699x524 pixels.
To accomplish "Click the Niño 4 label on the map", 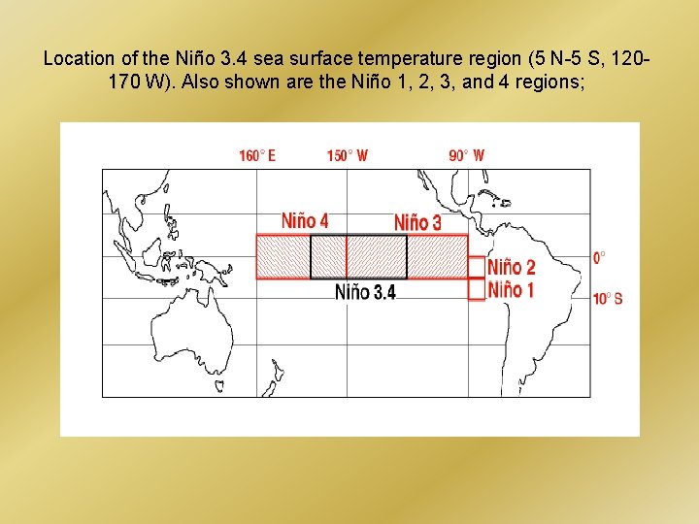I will (x=305, y=221).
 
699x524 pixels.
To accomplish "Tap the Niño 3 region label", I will (x=417, y=222).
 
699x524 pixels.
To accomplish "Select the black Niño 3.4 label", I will (x=365, y=291).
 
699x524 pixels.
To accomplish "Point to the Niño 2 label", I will (x=512, y=267).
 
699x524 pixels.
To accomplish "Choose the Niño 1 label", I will (x=511, y=288).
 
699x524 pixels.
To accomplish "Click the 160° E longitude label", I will (x=257, y=155).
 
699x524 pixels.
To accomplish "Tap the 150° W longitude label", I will (x=347, y=155).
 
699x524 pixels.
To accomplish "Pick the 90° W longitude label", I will (x=466, y=155).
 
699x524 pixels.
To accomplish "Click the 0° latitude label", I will (x=599, y=258).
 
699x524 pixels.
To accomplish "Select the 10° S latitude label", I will (x=607, y=298).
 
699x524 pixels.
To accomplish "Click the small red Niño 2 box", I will (x=477, y=267).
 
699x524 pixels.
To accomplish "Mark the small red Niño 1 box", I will (x=477, y=289).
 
